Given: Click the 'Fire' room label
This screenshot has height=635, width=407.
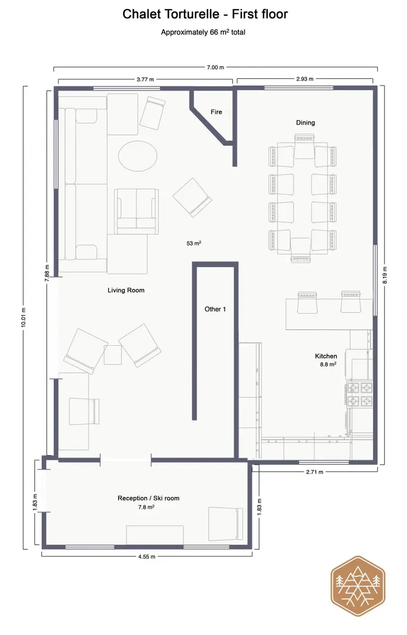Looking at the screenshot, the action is pyautogui.click(x=216, y=112).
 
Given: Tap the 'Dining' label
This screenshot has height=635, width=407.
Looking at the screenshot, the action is pyautogui.click(x=305, y=123).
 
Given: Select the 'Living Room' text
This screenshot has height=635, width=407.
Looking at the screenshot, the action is pyautogui.click(x=126, y=290).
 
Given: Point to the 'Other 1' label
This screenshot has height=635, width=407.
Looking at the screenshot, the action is pyautogui.click(x=215, y=309).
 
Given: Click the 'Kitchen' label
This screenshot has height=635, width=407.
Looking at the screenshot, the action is pyautogui.click(x=326, y=356).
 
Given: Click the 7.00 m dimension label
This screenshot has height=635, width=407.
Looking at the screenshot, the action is pyautogui.click(x=215, y=67).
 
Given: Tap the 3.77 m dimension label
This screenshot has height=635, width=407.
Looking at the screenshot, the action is pyautogui.click(x=145, y=80).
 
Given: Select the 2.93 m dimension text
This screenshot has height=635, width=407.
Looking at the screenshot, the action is pyautogui.click(x=305, y=79).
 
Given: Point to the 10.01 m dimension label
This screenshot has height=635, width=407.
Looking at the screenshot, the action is pyautogui.click(x=23, y=317).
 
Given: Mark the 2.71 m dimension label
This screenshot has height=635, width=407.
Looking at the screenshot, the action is pyautogui.click(x=314, y=472).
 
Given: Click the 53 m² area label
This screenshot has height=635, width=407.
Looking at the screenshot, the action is pyautogui.click(x=194, y=243).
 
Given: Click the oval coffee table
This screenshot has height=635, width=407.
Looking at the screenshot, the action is pyautogui.click(x=138, y=156).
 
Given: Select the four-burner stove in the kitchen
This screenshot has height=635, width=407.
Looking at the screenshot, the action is pyautogui.click(x=359, y=394).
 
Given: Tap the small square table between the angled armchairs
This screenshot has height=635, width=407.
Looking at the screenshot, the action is pyautogui.click(x=113, y=355).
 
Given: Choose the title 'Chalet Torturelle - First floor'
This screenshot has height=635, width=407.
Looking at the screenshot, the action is pyautogui.click(x=205, y=14).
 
